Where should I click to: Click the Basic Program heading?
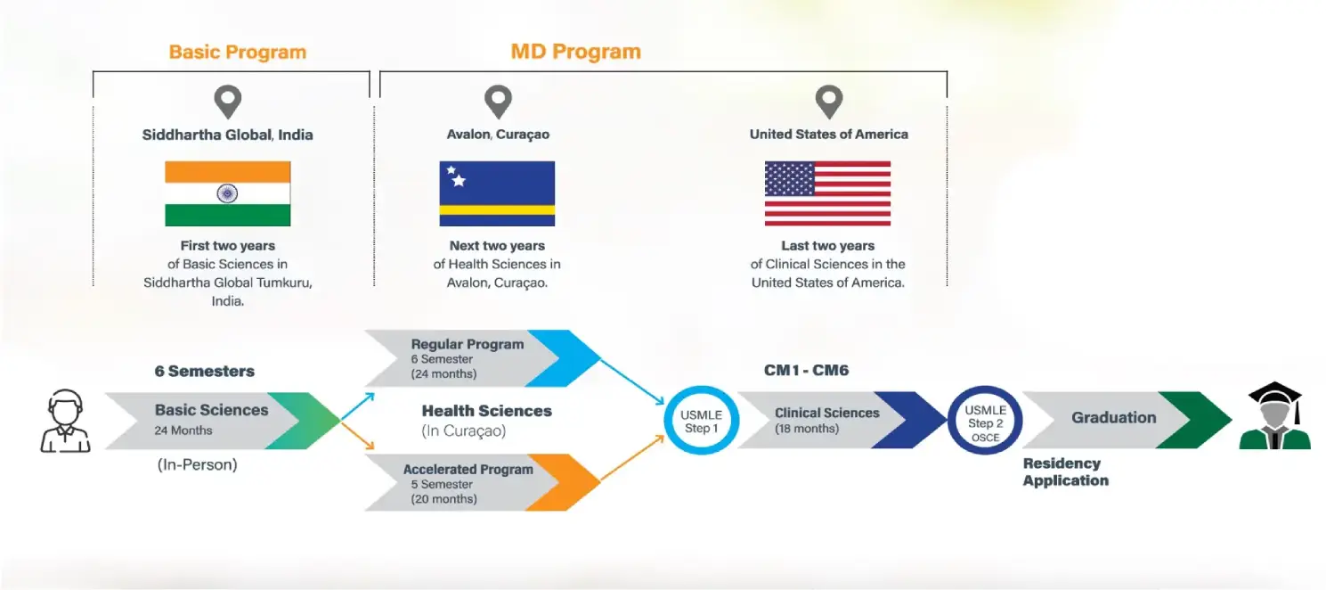tap(237, 52)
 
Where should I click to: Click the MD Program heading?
tap(575, 51)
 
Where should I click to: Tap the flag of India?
tap(228, 193)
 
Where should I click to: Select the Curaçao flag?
tap(497, 193)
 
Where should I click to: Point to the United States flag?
tap(827, 193)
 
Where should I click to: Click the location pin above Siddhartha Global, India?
tap(228, 102)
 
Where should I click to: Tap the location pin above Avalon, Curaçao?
tap(498, 102)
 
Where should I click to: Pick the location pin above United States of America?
tap(829, 102)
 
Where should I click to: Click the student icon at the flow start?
tap(66, 421)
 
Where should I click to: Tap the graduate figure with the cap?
tap(1274, 416)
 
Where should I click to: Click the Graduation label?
tap(1113, 417)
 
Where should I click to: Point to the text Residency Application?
tap(1065, 471)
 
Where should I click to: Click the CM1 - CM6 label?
tap(806, 370)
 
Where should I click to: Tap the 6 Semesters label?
tap(204, 371)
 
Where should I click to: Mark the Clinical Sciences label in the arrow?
tap(826, 413)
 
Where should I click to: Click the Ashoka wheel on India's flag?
tap(228, 193)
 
